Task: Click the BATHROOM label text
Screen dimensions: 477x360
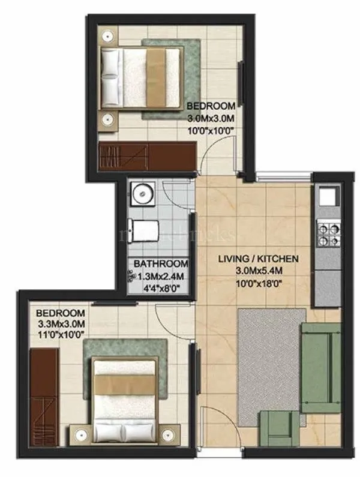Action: (161, 263)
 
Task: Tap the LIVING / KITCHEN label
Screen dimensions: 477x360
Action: (257, 259)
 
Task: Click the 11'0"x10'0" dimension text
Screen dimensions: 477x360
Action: (61, 335)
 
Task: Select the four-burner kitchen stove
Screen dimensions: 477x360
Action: (328, 233)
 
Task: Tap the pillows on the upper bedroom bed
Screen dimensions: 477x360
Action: (111, 73)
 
